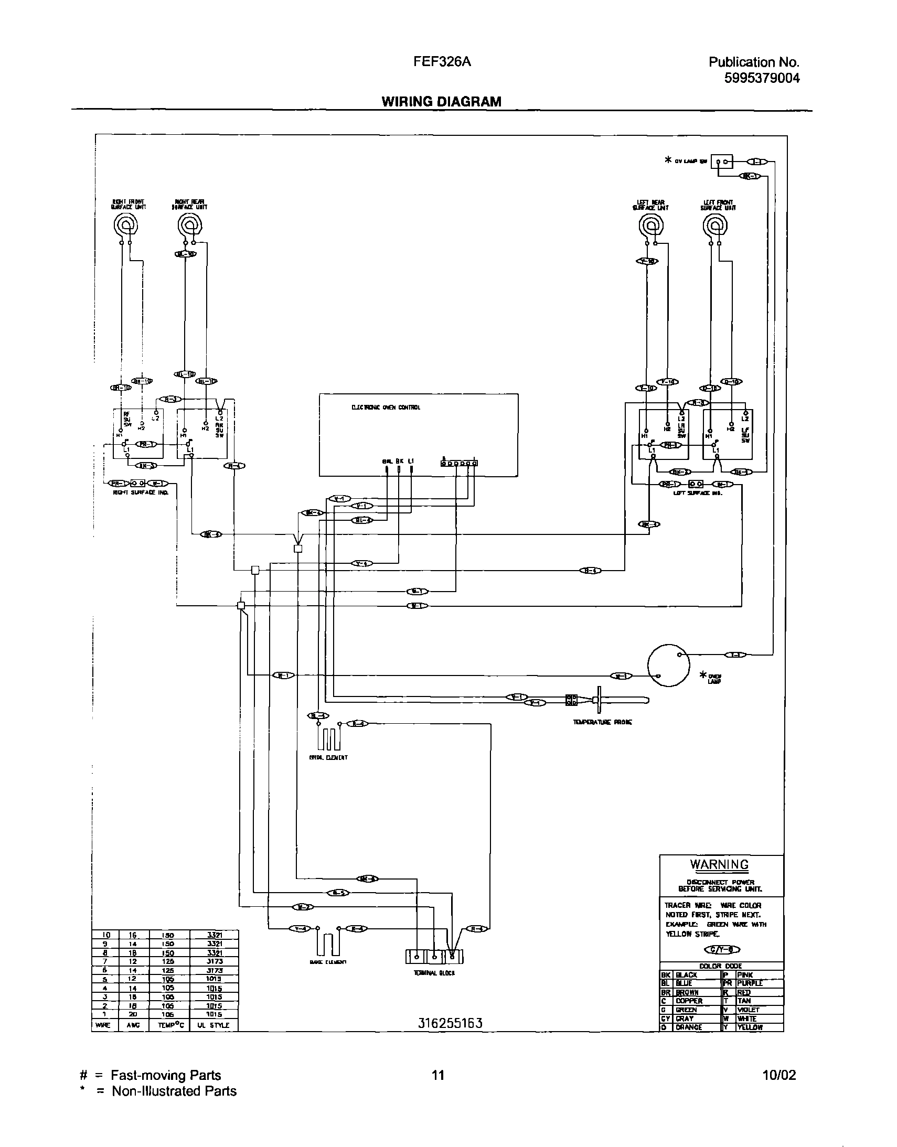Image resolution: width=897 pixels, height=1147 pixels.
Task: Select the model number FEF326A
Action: (x=442, y=62)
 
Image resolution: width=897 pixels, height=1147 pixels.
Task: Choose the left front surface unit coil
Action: (x=715, y=227)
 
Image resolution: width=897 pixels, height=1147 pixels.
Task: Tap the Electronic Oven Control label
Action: (x=386, y=408)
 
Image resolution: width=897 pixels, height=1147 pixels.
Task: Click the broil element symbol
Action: (x=329, y=739)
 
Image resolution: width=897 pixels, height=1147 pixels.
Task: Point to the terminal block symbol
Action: (x=435, y=957)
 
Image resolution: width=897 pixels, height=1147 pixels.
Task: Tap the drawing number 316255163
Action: (x=450, y=1023)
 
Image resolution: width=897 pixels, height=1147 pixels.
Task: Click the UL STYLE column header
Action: (x=213, y=1025)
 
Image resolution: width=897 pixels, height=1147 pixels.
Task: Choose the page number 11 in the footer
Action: (x=438, y=1075)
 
